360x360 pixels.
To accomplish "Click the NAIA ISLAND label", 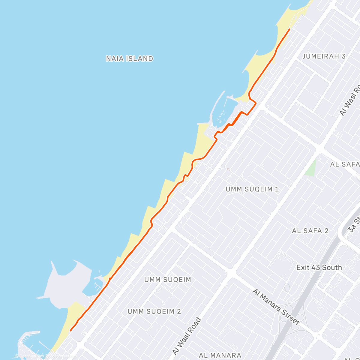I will [x=130, y=58].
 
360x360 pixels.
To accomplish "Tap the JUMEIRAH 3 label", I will [x=324, y=56].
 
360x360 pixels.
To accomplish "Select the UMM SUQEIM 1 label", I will [x=252, y=189].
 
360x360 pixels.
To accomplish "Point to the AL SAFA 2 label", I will [x=310, y=231].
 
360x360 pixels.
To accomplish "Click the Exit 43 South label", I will [x=319, y=267].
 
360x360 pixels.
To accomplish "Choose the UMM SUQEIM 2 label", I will [x=154, y=311].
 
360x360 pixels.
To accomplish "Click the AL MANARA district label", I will [x=220, y=355].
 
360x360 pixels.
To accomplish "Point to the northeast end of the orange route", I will [x=289, y=29].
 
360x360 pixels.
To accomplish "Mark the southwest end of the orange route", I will [x=70, y=331].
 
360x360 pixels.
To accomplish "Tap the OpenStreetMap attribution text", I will [x=45, y=356].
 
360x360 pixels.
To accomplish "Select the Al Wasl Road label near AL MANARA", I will [x=187, y=336].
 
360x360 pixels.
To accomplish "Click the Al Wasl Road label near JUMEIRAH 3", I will [x=350, y=99].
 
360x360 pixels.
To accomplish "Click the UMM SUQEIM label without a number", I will [x=167, y=280].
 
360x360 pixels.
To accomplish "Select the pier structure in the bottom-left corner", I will [x=28, y=342].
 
